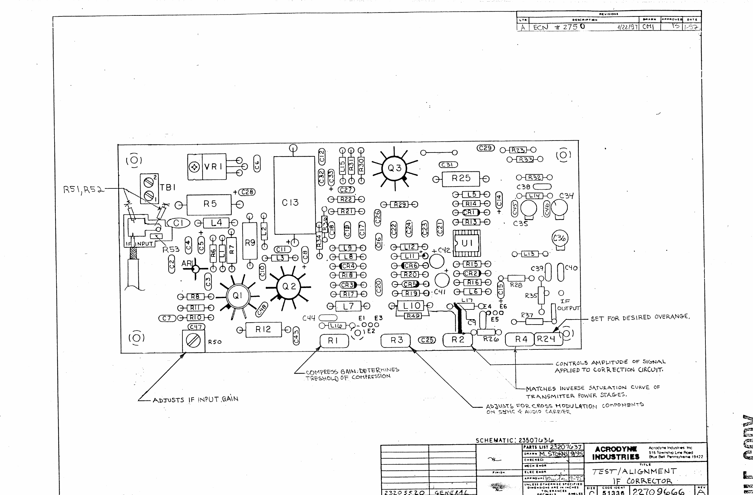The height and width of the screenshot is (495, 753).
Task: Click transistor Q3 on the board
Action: [394, 168]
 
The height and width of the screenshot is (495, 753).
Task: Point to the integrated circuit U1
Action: [467, 243]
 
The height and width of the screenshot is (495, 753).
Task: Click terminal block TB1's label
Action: [168, 187]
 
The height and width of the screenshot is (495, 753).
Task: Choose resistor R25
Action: [461, 179]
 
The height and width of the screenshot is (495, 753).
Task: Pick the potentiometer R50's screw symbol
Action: [193, 341]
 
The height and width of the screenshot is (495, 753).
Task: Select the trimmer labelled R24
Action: [548, 339]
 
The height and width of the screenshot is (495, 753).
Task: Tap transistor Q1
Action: [238, 296]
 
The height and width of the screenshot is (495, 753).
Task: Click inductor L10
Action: [411, 306]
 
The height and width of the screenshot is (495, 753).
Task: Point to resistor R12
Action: [263, 330]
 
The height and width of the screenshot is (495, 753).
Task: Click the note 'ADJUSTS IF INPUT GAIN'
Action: [195, 400]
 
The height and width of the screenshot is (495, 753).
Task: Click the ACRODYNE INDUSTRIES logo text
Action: [615, 453]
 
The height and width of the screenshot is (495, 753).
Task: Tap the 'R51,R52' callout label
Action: [83, 190]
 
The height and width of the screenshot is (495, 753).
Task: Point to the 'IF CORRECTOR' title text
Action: [642, 481]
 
